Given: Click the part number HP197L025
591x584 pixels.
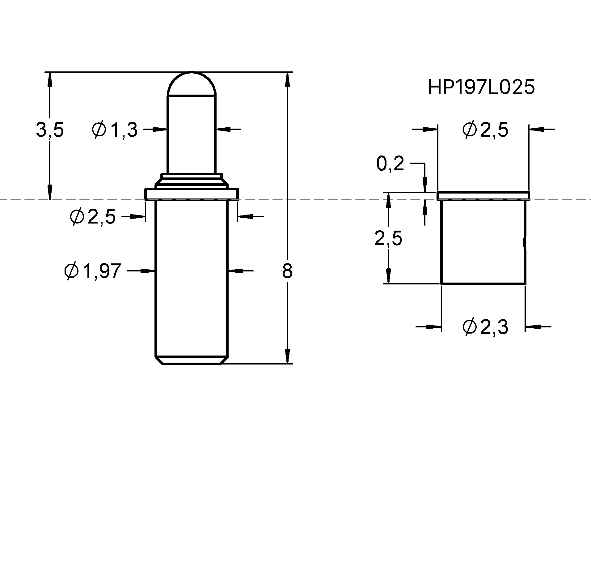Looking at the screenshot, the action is click(x=481, y=87).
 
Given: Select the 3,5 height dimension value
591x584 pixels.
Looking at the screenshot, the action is click(x=50, y=130).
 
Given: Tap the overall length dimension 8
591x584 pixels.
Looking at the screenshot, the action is click(x=287, y=271).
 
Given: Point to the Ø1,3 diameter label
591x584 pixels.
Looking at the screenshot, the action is click(x=115, y=130).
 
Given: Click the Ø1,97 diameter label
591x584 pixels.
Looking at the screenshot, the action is click(x=92, y=271).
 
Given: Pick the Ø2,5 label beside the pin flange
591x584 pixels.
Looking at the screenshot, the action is click(x=93, y=216).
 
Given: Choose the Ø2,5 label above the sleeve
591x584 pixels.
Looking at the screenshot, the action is click(x=485, y=130).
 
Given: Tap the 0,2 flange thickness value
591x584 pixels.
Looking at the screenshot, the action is click(x=390, y=164).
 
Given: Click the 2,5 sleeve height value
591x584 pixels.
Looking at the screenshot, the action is click(x=388, y=239).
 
